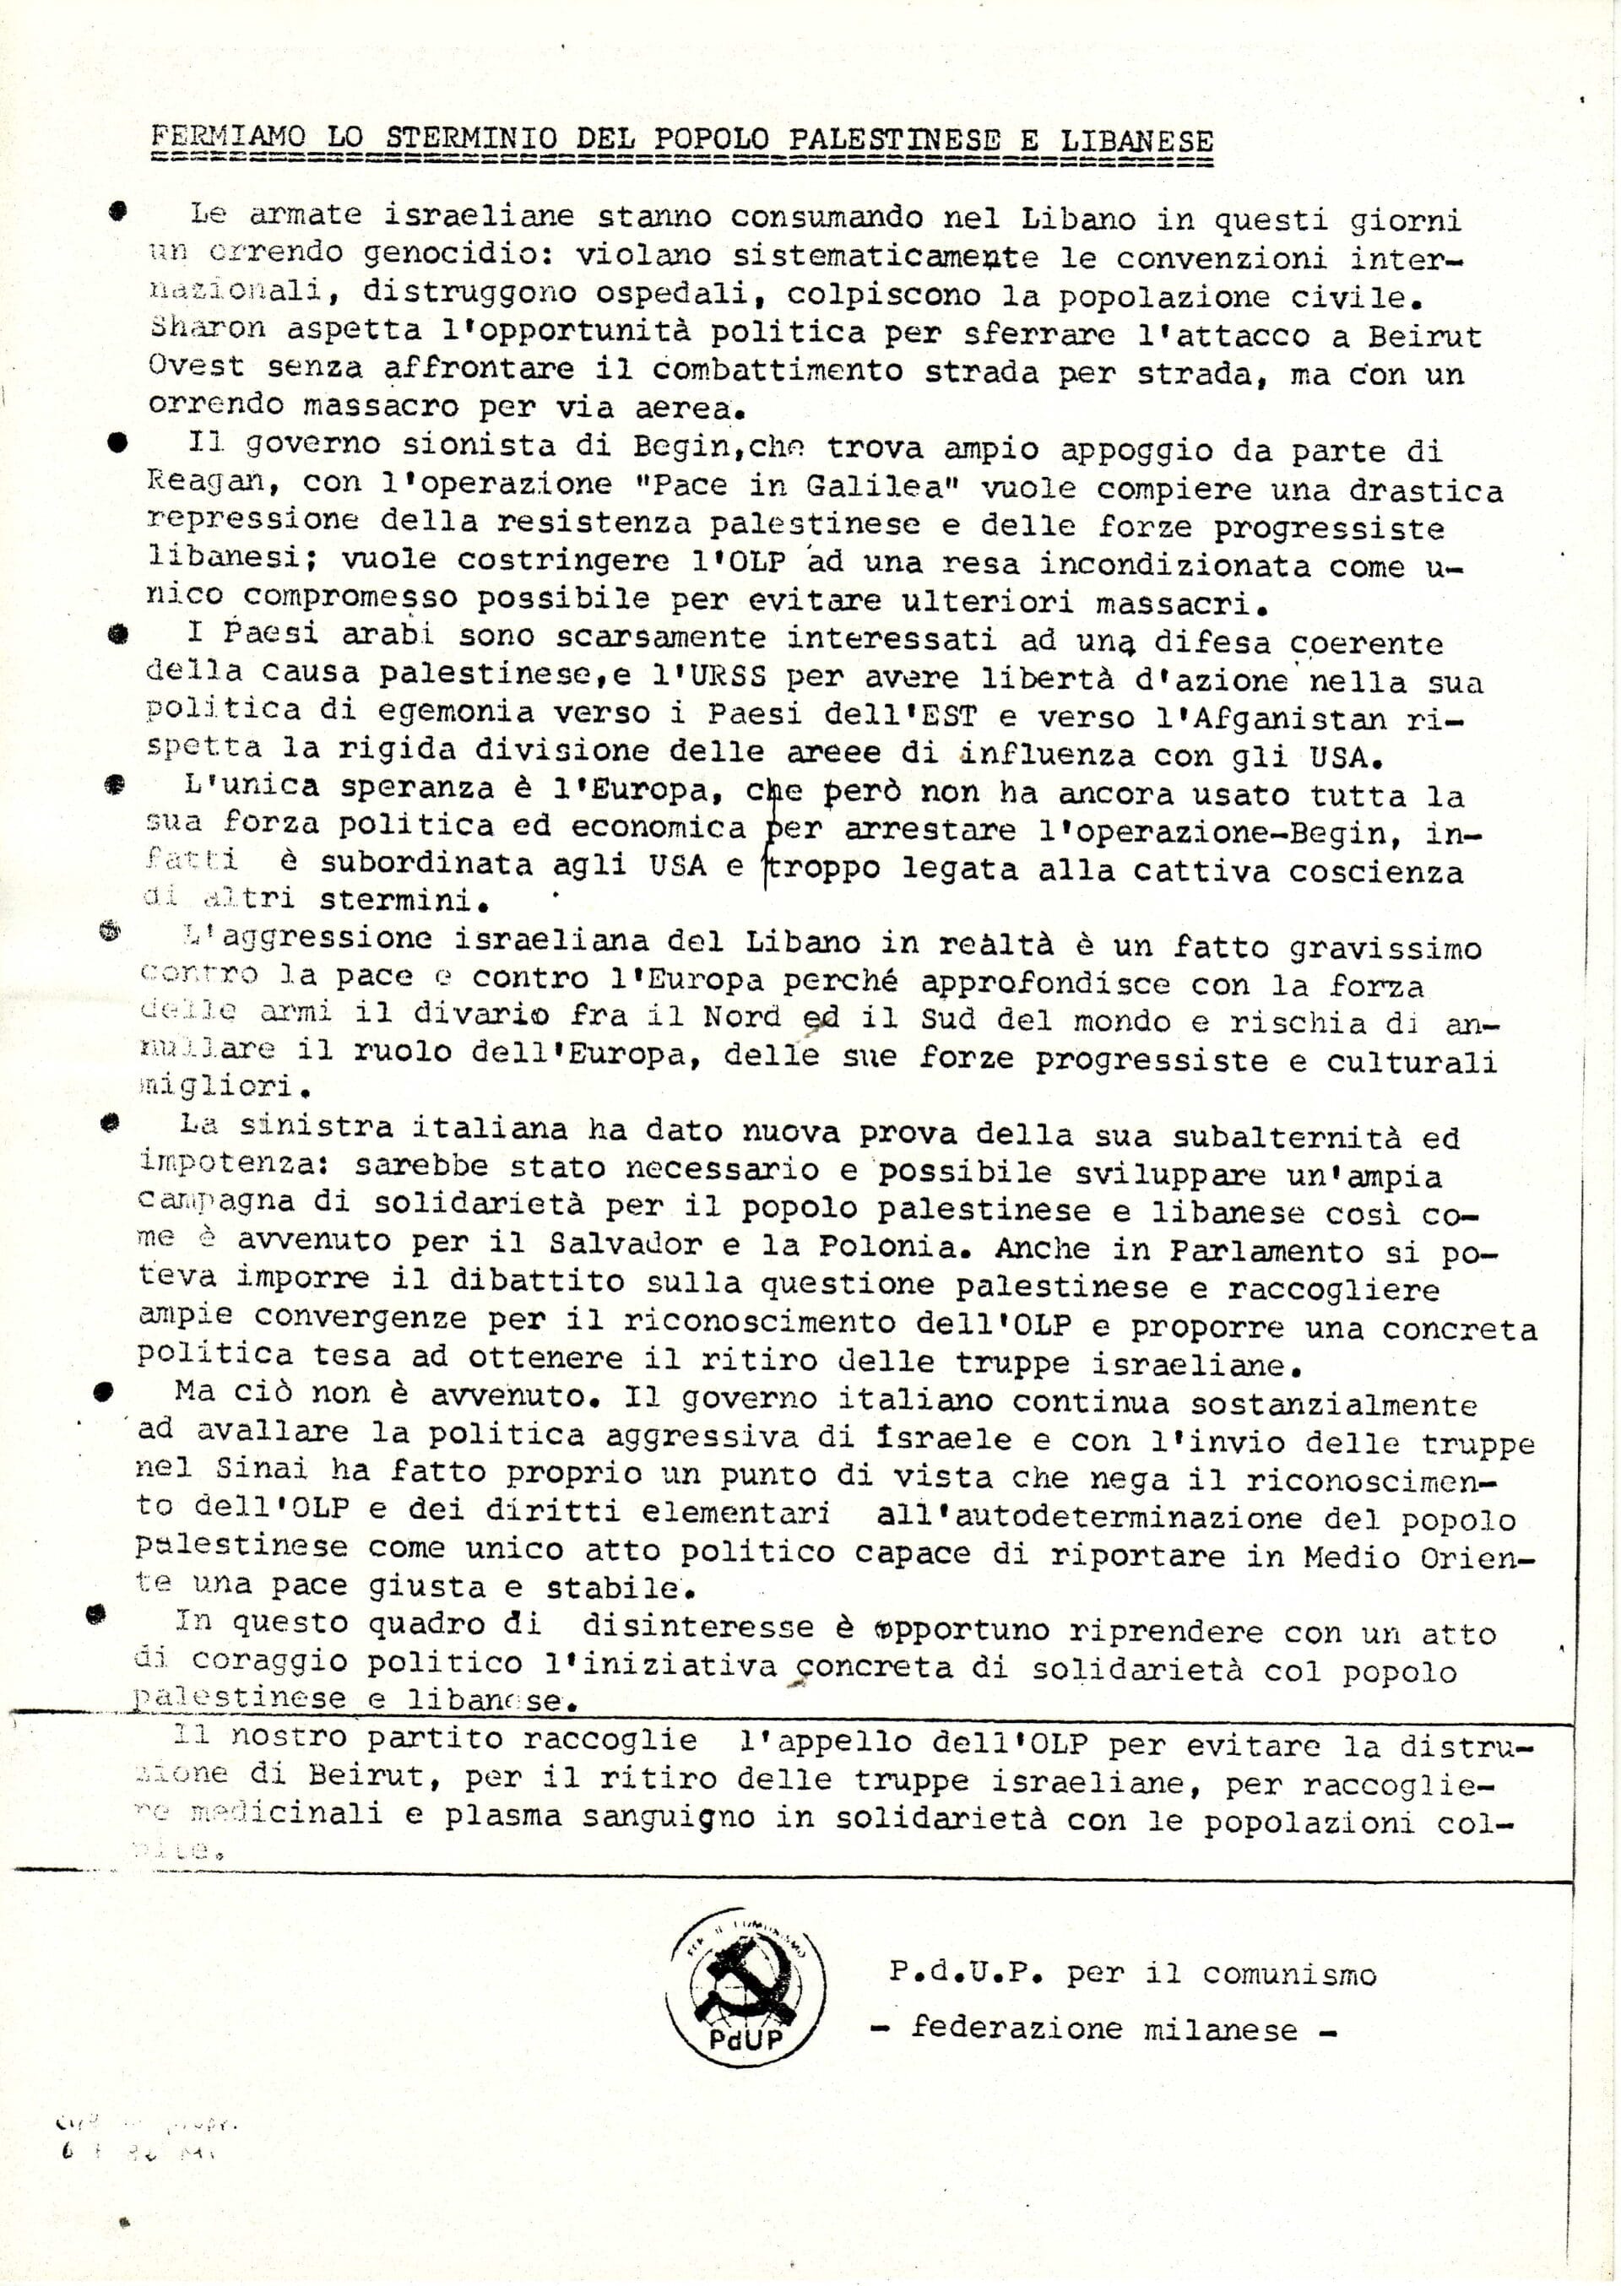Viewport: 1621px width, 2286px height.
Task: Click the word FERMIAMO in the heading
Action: [229, 137]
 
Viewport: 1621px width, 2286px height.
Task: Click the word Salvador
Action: [624, 1244]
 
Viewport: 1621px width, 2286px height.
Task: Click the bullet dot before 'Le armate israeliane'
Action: [118, 212]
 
